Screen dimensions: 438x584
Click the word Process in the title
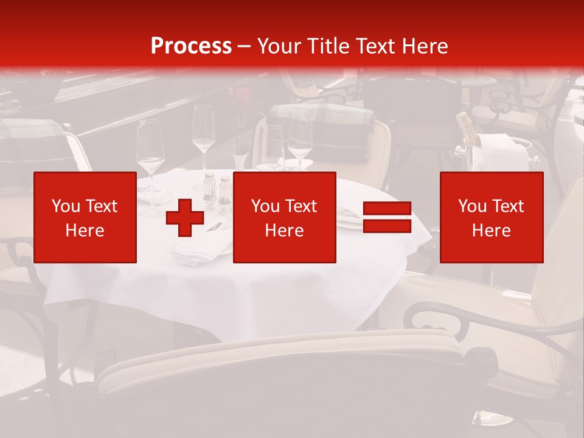click(191, 46)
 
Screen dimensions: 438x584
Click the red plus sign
click(185, 218)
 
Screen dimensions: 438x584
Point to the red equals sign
click(387, 217)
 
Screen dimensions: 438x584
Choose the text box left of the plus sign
click(85, 217)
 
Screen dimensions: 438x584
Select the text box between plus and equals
click(284, 217)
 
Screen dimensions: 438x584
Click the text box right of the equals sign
click(492, 217)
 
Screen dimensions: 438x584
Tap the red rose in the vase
click(243, 96)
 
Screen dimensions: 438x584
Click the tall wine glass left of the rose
click(203, 131)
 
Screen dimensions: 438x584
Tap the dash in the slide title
click(245, 46)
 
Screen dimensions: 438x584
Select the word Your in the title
click(279, 46)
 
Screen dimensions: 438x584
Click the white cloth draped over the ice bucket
click(504, 152)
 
